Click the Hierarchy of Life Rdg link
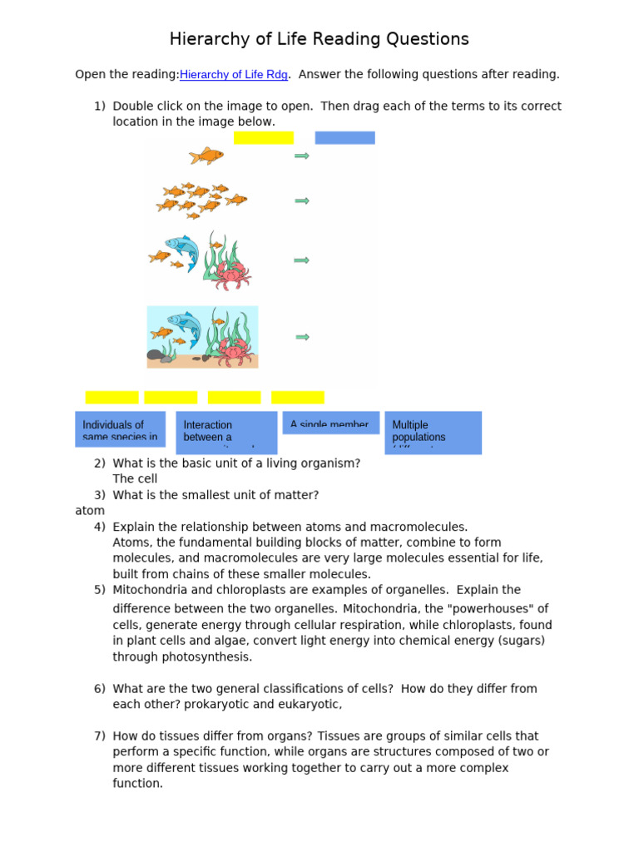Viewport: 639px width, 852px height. click(x=234, y=75)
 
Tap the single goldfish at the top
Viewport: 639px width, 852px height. click(x=206, y=156)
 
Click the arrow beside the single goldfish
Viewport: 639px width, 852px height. click(x=302, y=156)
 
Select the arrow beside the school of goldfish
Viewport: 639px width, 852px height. click(x=302, y=201)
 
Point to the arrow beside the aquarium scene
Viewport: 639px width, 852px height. click(x=303, y=337)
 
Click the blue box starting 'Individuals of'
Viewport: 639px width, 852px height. click(x=120, y=429)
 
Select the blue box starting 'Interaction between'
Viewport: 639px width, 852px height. click(x=226, y=432)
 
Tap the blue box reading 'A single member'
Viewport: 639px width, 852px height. click(x=330, y=423)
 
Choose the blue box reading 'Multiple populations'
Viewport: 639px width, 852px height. click(x=433, y=432)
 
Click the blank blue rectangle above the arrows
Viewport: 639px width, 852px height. click(x=344, y=138)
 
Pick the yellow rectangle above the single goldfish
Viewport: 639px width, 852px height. click(x=264, y=138)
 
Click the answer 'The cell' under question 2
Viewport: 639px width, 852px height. click(x=135, y=479)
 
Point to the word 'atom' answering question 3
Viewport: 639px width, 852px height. click(x=90, y=511)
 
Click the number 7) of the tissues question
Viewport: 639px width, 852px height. click(x=100, y=736)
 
